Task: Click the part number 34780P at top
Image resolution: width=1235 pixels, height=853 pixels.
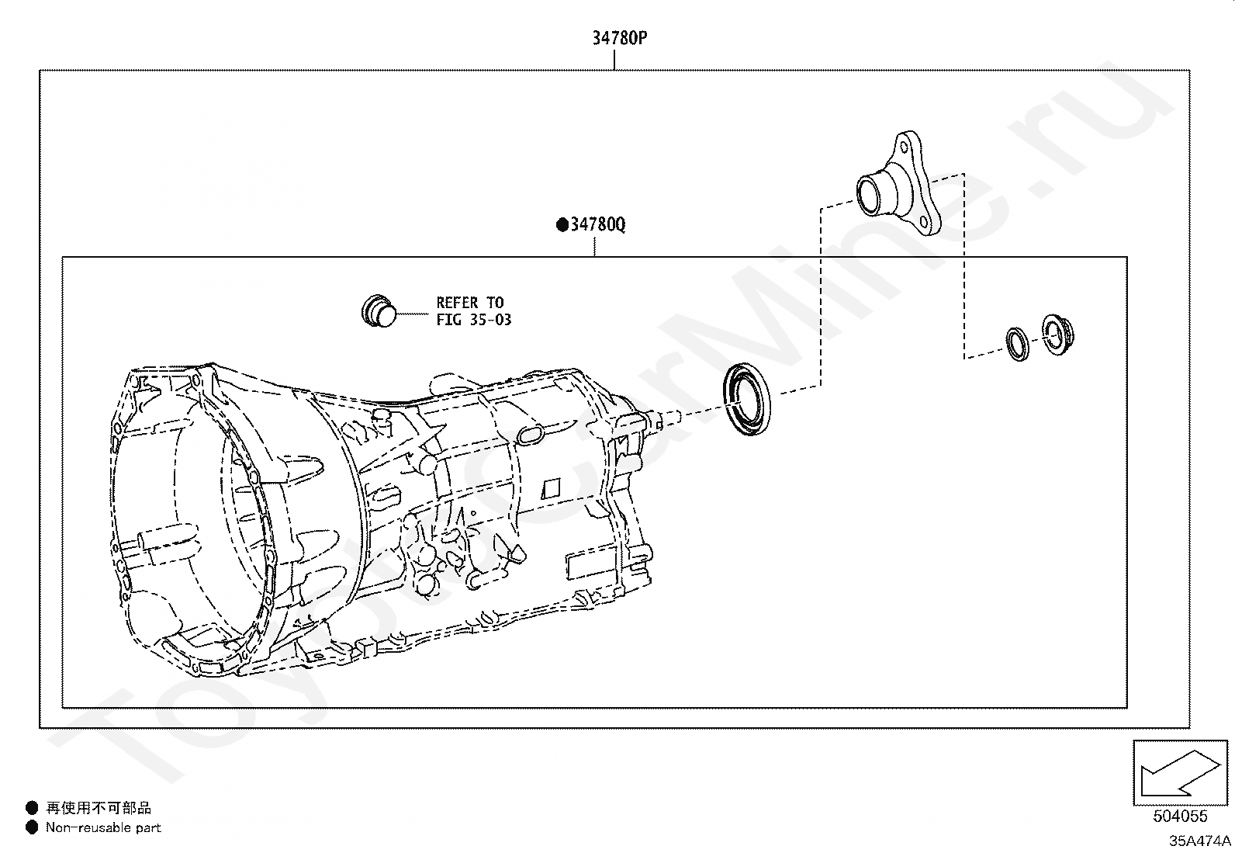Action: (619, 37)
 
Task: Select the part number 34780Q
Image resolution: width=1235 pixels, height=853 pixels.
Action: (598, 225)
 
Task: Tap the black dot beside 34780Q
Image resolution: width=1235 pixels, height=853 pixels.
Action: (562, 226)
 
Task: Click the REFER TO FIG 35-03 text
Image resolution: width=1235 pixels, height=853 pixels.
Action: (473, 311)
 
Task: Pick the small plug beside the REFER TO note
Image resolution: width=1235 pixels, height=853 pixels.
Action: (378, 310)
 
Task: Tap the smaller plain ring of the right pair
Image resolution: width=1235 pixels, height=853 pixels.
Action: (1017, 344)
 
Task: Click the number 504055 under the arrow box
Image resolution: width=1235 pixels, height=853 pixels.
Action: (1180, 816)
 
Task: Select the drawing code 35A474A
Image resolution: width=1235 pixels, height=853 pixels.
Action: (1200, 841)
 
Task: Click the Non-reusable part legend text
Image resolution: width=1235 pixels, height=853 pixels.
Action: (103, 827)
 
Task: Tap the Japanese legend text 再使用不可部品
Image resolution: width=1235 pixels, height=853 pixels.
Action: (99, 808)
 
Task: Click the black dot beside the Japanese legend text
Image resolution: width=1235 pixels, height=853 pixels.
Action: (32, 808)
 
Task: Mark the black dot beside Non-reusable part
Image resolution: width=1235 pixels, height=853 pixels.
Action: (32, 827)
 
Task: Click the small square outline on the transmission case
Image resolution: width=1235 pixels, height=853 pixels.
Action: (551, 489)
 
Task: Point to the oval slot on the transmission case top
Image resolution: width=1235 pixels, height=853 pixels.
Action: (531, 435)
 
